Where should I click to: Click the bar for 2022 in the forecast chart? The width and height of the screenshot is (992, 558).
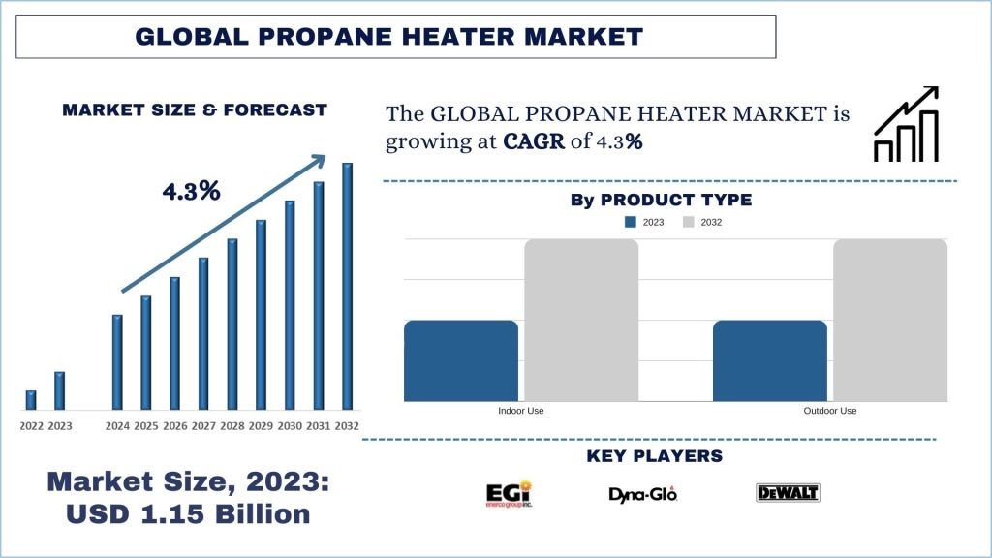click(x=31, y=400)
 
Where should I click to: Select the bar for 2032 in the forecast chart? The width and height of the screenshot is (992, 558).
click(x=347, y=287)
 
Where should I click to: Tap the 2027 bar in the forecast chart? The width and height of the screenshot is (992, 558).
click(x=203, y=333)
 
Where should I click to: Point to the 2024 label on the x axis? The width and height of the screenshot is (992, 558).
click(x=117, y=426)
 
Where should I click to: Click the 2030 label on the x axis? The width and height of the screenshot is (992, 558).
click(x=290, y=426)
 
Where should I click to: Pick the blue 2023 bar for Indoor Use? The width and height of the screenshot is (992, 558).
click(x=461, y=360)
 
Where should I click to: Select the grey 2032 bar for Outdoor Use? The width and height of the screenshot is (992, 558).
click(x=889, y=320)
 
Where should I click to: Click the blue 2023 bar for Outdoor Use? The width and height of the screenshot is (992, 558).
click(x=770, y=360)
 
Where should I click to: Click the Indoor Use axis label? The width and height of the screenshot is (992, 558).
click(x=520, y=411)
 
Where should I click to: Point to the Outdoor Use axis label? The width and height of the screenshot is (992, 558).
click(x=829, y=411)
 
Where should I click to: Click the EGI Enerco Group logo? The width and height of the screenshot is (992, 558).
click(x=509, y=493)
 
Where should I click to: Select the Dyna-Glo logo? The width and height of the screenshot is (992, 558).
click(x=642, y=494)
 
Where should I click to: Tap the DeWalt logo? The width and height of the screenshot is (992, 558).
click(x=788, y=493)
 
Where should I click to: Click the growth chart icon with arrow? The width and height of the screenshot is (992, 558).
click(x=906, y=124)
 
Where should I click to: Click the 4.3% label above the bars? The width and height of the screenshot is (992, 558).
click(x=191, y=191)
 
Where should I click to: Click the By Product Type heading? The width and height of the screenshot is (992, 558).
click(x=661, y=201)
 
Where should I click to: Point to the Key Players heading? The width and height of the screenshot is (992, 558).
click(x=655, y=456)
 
